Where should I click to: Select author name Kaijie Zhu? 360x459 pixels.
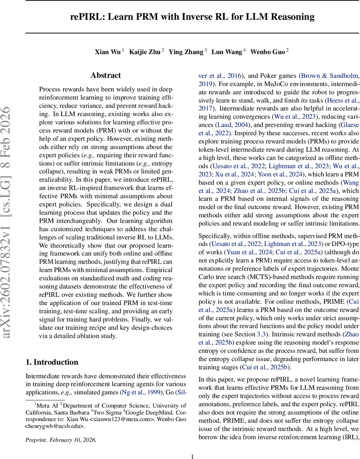145,52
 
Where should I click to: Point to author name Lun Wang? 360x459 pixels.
227,52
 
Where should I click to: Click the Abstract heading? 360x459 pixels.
105,75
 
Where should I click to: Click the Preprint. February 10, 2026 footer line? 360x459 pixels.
61,440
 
